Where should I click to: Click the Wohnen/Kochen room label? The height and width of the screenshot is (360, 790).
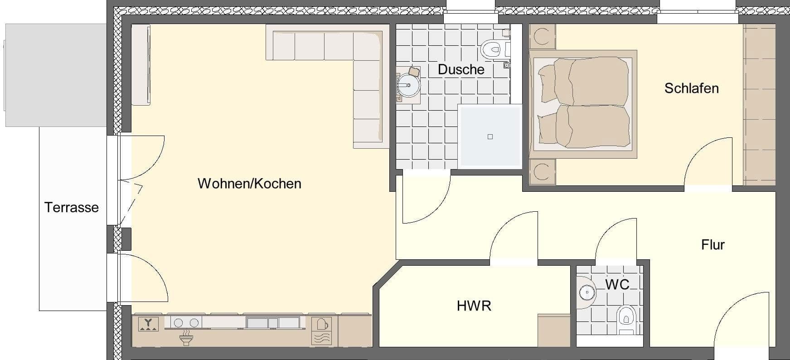tap(249, 184)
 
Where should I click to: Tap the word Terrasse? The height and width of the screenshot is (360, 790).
tap(72, 207)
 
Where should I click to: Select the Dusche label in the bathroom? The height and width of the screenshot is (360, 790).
tap(461, 69)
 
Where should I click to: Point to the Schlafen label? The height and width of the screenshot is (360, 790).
tap(691, 88)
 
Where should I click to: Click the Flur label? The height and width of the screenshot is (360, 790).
tap(712, 245)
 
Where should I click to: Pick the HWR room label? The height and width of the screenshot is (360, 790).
tap(474, 306)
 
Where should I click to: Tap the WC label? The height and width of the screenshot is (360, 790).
tap(617, 285)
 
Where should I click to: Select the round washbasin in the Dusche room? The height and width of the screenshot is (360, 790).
tap(409, 85)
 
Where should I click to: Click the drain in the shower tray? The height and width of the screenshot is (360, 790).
tap(490, 136)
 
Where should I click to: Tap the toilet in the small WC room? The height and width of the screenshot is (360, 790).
tap(627, 316)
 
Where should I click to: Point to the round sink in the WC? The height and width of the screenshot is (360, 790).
tap(587, 292)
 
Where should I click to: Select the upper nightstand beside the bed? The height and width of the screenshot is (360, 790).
tap(543, 36)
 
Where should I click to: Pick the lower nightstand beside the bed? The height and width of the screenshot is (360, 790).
tap(543, 172)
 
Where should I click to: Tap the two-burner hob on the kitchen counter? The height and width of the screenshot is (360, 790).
tap(186, 322)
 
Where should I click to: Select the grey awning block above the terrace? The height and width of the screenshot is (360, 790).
tap(55, 75)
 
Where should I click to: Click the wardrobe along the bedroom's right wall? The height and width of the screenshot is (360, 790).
tap(759, 104)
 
